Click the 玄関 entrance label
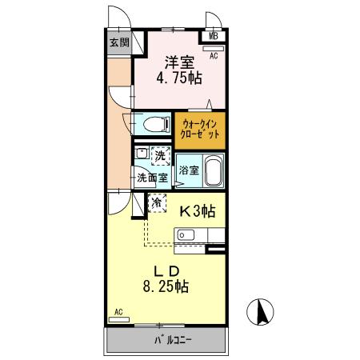tap(118, 43)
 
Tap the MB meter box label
tap(214, 36)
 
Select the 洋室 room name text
tap(181, 62)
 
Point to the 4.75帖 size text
tap(181, 78)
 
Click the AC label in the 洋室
tap(214, 56)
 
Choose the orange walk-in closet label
tap(201, 129)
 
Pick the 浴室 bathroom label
tap(188, 170)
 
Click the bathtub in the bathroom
tap(212, 170)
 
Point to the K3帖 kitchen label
tap(195, 212)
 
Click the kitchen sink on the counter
tap(185, 235)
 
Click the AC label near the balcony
tap(118, 312)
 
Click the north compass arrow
tap(261, 312)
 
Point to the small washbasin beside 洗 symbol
tap(141, 154)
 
